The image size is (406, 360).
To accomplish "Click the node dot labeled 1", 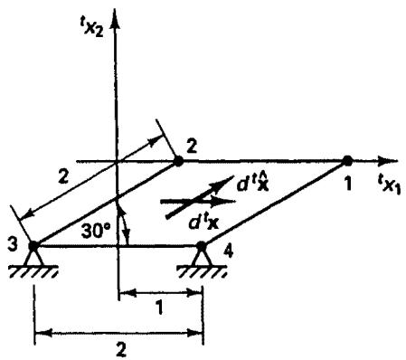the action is [x=347, y=160].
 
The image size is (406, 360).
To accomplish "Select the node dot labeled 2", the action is [x=178, y=161].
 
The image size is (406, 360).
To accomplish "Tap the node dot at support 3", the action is [x=33, y=246].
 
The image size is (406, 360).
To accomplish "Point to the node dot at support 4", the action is [x=201, y=246].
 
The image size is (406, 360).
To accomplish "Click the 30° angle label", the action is [x=95, y=232].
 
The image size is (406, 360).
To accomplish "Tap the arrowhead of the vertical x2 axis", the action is [x=115, y=20].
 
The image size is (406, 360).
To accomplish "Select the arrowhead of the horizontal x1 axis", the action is [x=389, y=161].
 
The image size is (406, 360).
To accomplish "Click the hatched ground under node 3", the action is [x=33, y=271].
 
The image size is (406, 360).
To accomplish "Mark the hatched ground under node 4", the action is [x=203, y=271].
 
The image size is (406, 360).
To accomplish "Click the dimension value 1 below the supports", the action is [x=160, y=308].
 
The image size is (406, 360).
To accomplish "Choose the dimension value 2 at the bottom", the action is [x=121, y=350].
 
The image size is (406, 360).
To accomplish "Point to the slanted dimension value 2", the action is [x=63, y=177].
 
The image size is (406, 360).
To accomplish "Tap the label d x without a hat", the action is [x=203, y=223].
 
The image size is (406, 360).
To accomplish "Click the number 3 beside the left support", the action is [x=13, y=244].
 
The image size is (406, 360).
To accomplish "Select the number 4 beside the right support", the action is [x=228, y=251].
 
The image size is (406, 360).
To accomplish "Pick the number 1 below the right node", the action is [x=348, y=183].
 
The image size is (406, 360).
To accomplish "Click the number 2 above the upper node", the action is [x=192, y=147].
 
